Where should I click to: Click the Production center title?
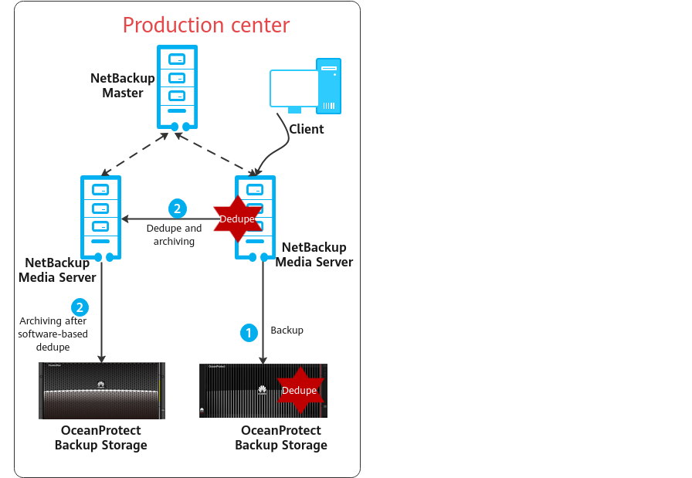206,25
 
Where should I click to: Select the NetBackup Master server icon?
177,86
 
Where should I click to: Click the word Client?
307,129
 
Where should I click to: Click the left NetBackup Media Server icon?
100,219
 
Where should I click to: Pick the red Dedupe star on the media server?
237,219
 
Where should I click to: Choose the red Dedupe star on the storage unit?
299,390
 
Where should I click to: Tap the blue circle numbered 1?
248,333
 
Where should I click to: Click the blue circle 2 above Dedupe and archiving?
177,208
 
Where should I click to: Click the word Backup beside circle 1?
287,331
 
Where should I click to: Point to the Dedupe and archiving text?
174,235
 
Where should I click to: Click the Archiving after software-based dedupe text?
53,334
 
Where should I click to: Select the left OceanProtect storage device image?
102,391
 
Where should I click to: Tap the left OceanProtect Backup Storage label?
100,438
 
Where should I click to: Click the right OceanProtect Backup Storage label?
280,438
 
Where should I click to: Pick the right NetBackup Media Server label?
314,255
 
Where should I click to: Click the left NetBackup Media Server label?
57,270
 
